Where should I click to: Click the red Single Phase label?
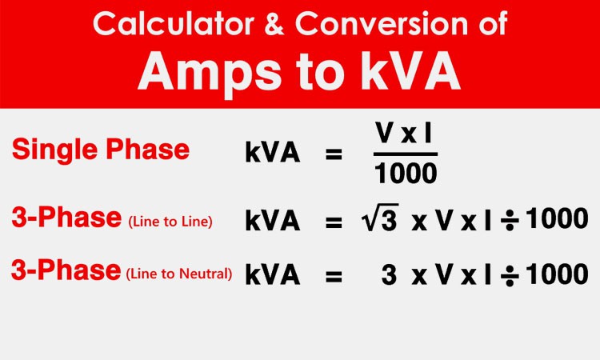tap(100, 150)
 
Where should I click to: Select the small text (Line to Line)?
tap(170, 222)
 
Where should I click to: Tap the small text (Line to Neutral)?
tap(179, 274)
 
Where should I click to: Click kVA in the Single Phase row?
tap(273, 154)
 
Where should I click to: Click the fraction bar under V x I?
tap(406, 153)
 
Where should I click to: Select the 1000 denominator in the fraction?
tap(406, 173)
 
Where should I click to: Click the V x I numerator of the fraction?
tap(406, 134)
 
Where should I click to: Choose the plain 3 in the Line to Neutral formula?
tap(389, 274)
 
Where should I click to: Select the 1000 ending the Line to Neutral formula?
tap(557, 274)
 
